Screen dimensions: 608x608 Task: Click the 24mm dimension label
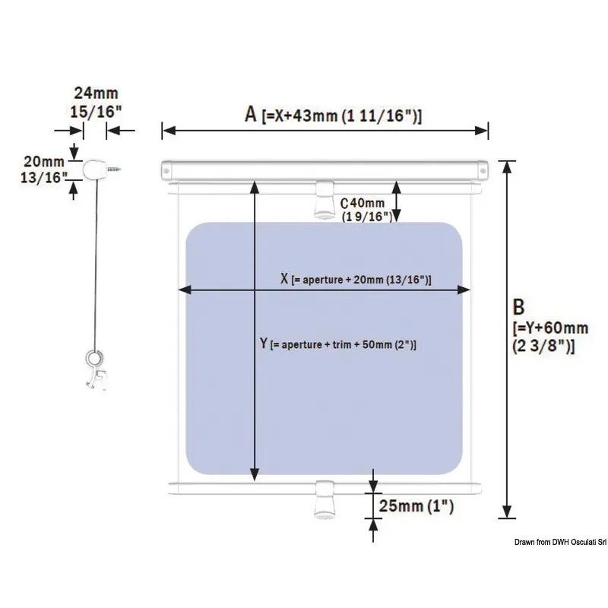click(x=96, y=93)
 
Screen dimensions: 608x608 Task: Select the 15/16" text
click(x=96, y=112)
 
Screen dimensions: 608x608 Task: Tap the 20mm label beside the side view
click(x=44, y=161)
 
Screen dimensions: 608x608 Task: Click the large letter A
click(x=251, y=115)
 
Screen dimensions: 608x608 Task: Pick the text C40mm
click(x=363, y=203)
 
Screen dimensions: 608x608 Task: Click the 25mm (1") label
click(x=416, y=506)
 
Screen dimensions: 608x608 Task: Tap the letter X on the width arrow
click(x=284, y=278)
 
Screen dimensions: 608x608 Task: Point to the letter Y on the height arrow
click(x=264, y=344)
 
